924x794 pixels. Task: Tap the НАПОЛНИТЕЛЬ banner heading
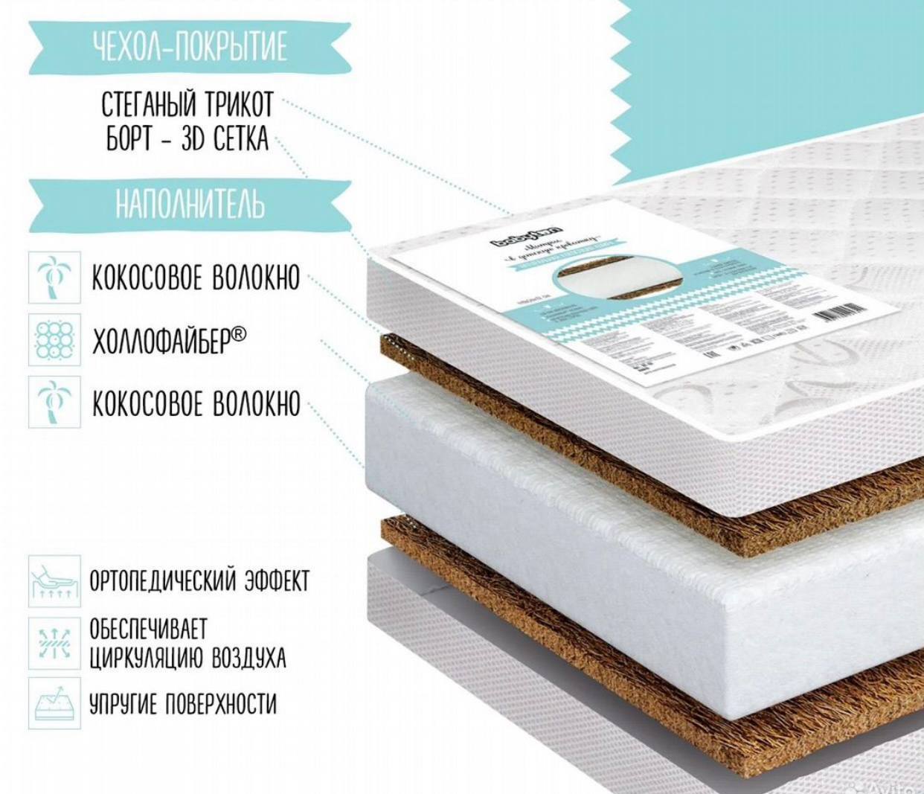[x=190, y=203]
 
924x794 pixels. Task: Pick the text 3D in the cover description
[x=193, y=140]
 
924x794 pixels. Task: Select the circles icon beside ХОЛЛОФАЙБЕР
[x=54, y=339]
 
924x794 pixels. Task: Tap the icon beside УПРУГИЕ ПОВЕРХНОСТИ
[x=54, y=702]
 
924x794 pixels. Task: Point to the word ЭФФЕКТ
[x=276, y=581]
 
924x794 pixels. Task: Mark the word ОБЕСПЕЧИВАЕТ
[x=149, y=629]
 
